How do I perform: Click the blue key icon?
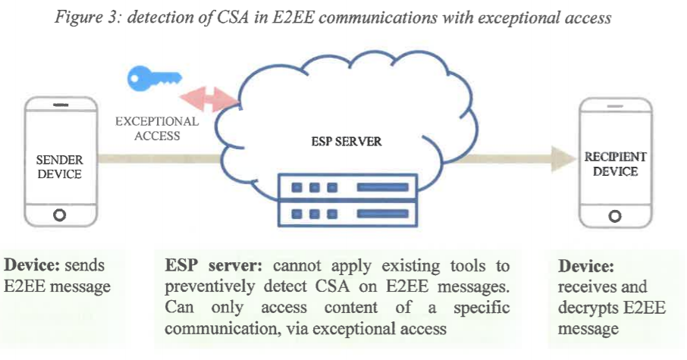pos(155,77)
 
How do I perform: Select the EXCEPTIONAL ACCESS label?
pos(157,128)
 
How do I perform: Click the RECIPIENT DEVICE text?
pos(615,164)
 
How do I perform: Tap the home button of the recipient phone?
pos(615,216)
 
